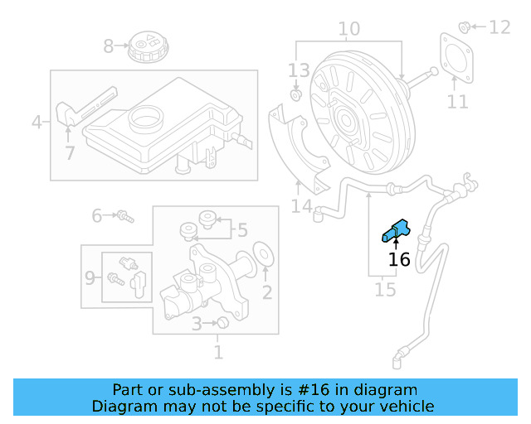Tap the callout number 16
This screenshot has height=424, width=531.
399,259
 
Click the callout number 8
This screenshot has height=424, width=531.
108,46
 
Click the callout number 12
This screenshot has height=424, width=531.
499,27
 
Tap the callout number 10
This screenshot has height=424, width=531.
348,30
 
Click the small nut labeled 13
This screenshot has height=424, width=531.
295,95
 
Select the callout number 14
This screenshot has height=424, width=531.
301,205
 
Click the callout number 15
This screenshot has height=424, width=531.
385,290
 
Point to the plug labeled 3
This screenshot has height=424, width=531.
222,323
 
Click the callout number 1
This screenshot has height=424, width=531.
218,353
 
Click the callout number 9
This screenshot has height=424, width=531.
90,278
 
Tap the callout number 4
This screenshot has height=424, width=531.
36,123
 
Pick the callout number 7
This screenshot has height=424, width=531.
70,152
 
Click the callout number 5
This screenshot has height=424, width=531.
241,229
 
